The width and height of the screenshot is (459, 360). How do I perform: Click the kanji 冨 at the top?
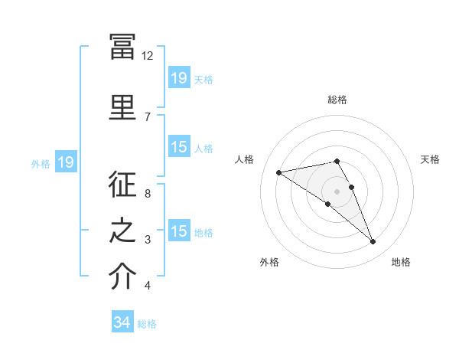122,47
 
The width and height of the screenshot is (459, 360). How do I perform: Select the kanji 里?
122,107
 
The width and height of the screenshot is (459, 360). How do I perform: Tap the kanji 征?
122,184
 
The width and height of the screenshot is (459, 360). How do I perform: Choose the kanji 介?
122,276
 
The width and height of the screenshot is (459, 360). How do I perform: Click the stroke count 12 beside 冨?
147,56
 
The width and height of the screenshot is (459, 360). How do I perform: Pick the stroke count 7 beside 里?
148,117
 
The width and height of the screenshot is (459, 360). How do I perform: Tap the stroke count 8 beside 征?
148,194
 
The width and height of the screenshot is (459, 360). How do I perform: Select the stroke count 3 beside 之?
148,240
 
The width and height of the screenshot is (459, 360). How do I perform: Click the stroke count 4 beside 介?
148,285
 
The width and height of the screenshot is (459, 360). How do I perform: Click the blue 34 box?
122,321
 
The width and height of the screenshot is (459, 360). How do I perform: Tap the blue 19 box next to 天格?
180,77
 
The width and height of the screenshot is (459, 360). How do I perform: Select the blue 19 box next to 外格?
66,162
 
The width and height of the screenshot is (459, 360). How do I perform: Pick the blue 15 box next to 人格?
180,146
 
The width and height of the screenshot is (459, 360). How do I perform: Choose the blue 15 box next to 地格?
180,230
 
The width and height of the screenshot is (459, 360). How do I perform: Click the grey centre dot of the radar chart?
337,191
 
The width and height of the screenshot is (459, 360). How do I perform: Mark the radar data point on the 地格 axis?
373,241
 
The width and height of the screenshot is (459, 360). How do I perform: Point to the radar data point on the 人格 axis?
279,172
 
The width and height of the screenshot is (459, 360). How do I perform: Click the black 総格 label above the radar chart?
337,100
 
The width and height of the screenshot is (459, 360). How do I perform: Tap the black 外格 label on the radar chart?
269,262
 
